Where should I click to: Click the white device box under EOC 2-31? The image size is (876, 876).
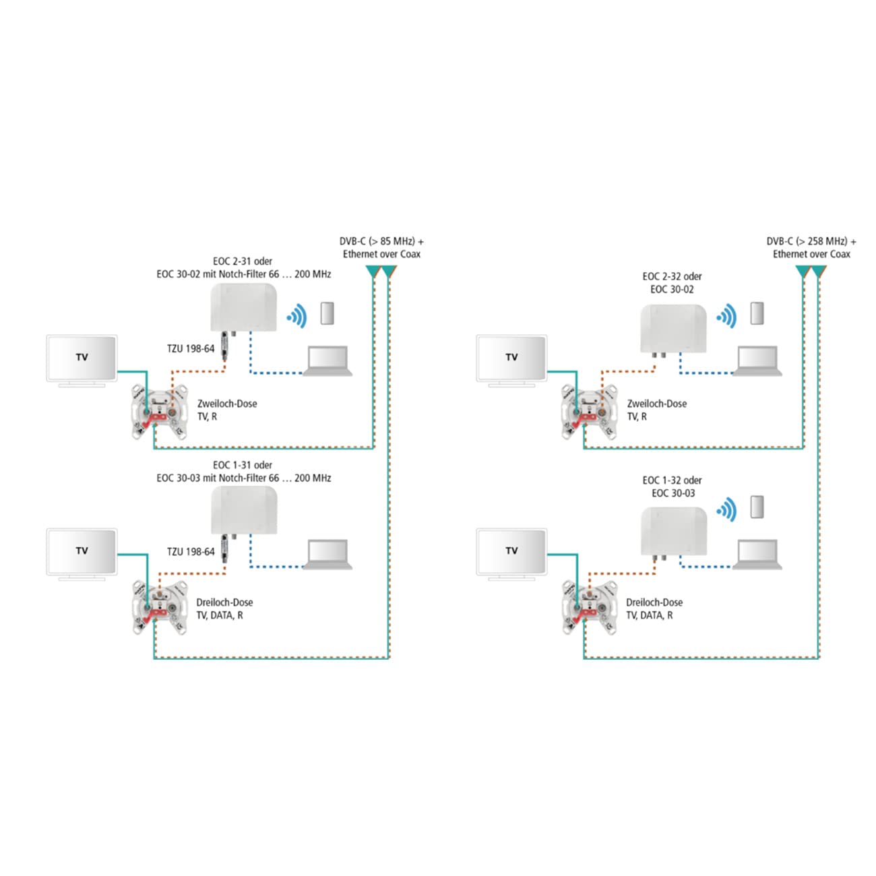point(244,307)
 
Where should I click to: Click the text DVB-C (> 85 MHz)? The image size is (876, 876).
point(381,241)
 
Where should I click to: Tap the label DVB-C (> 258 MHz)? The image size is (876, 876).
point(811,241)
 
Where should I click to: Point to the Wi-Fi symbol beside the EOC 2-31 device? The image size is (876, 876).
point(296,315)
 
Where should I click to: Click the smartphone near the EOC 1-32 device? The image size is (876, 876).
point(757,507)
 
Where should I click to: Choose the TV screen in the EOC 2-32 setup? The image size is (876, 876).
point(511,358)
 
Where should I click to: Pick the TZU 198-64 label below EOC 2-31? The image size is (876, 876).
point(191,348)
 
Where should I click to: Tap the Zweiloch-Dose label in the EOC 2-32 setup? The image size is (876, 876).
point(657,404)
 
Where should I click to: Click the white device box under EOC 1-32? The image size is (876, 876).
point(673,530)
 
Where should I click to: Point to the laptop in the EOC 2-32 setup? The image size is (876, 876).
point(757,361)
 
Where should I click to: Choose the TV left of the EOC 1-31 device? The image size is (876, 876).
point(82,553)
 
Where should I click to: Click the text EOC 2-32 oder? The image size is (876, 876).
point(672,276)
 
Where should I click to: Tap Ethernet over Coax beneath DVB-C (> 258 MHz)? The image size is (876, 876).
point(811,254)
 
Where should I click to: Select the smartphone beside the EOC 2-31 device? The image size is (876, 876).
point(327,313)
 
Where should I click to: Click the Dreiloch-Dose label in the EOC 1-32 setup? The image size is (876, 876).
point(654,602)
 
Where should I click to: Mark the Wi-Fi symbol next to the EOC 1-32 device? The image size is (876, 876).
point(726,510)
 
